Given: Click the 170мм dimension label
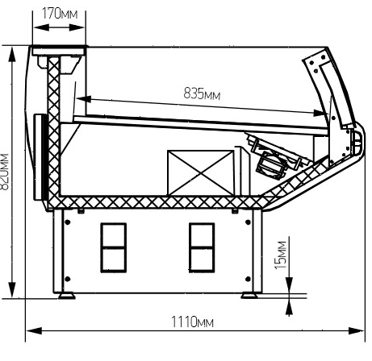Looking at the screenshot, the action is pos(60,14).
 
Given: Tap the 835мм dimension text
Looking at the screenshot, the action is pos(202,94).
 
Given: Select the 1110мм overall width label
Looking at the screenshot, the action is pos(192,322).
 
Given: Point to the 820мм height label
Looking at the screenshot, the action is pos(5,172).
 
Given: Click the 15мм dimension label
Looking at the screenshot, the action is pos(281,255).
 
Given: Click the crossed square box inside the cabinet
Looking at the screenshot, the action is pos(201,172).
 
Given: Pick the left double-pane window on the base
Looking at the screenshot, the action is pos(114,247).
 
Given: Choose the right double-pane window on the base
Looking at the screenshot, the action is pos(202,247).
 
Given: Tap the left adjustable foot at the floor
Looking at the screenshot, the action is pos(67,296).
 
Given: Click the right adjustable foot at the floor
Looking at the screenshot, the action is pos(249,296).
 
